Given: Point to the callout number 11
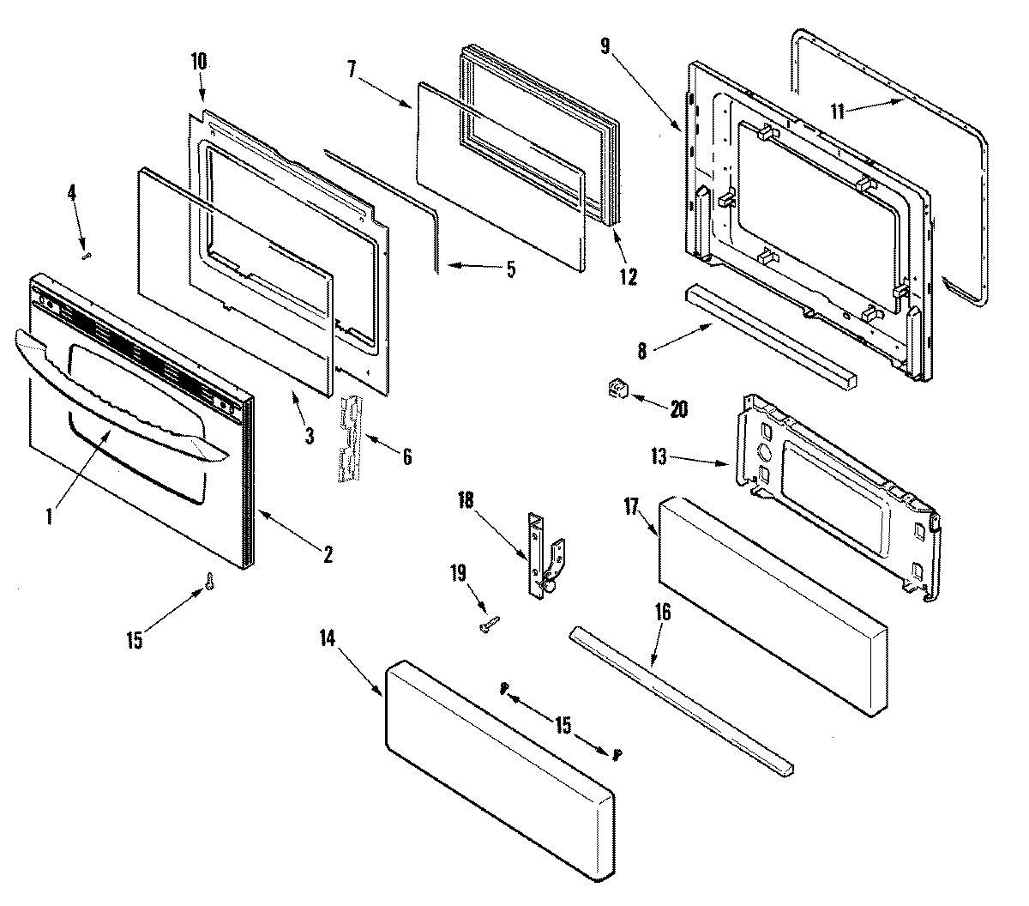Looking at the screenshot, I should [837, 110].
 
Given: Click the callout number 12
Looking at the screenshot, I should [628, 276].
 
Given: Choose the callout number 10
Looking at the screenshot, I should [198, 62].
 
